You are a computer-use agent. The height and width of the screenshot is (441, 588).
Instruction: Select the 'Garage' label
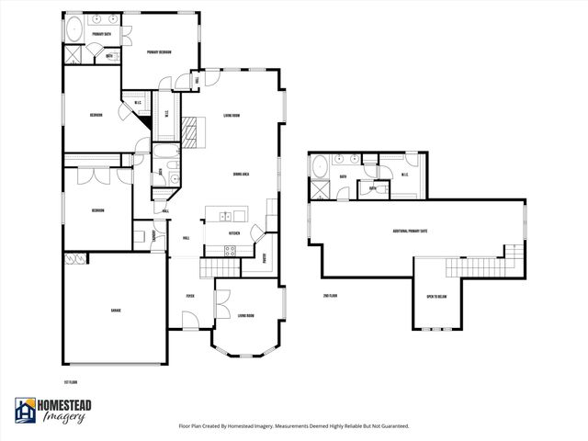[116, 311]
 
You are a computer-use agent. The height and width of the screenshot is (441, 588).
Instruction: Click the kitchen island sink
[223, 216]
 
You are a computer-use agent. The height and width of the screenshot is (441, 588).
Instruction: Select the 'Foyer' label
[190, 296]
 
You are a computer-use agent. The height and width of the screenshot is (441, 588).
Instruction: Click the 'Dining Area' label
[243, 174]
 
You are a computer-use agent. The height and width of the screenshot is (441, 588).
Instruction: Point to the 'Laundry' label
[154, 235]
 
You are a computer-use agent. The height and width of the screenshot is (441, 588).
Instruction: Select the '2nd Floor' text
[330, 296]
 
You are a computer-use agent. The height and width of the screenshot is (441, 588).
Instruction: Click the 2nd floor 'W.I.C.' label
[404, 176]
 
